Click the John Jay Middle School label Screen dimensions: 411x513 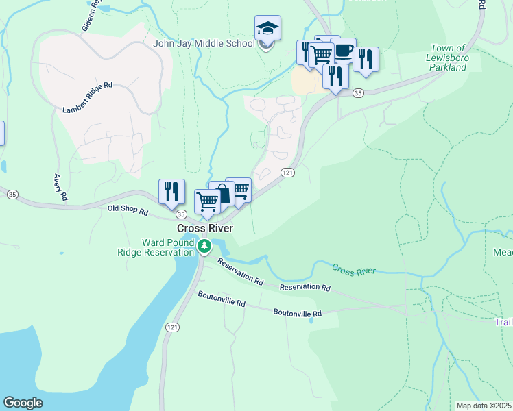point(204,44)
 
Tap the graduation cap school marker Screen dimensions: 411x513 point(267,29)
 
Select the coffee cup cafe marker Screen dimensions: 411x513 point(344,51)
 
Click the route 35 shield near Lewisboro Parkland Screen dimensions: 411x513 point(358,92)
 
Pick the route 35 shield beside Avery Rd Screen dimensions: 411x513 point(12,195)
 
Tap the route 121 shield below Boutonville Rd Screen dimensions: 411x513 point(172,328)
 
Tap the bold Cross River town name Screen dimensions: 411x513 point(204,228)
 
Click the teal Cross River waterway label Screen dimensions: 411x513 point(354,271)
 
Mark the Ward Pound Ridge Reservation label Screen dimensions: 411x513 point(168,247)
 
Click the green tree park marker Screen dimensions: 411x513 point(204,246)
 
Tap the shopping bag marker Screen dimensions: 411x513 point(222,194)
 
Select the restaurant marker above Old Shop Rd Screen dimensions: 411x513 point(171,192)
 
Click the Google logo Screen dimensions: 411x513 point(23,403)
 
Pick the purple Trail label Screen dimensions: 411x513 point(503,322)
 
